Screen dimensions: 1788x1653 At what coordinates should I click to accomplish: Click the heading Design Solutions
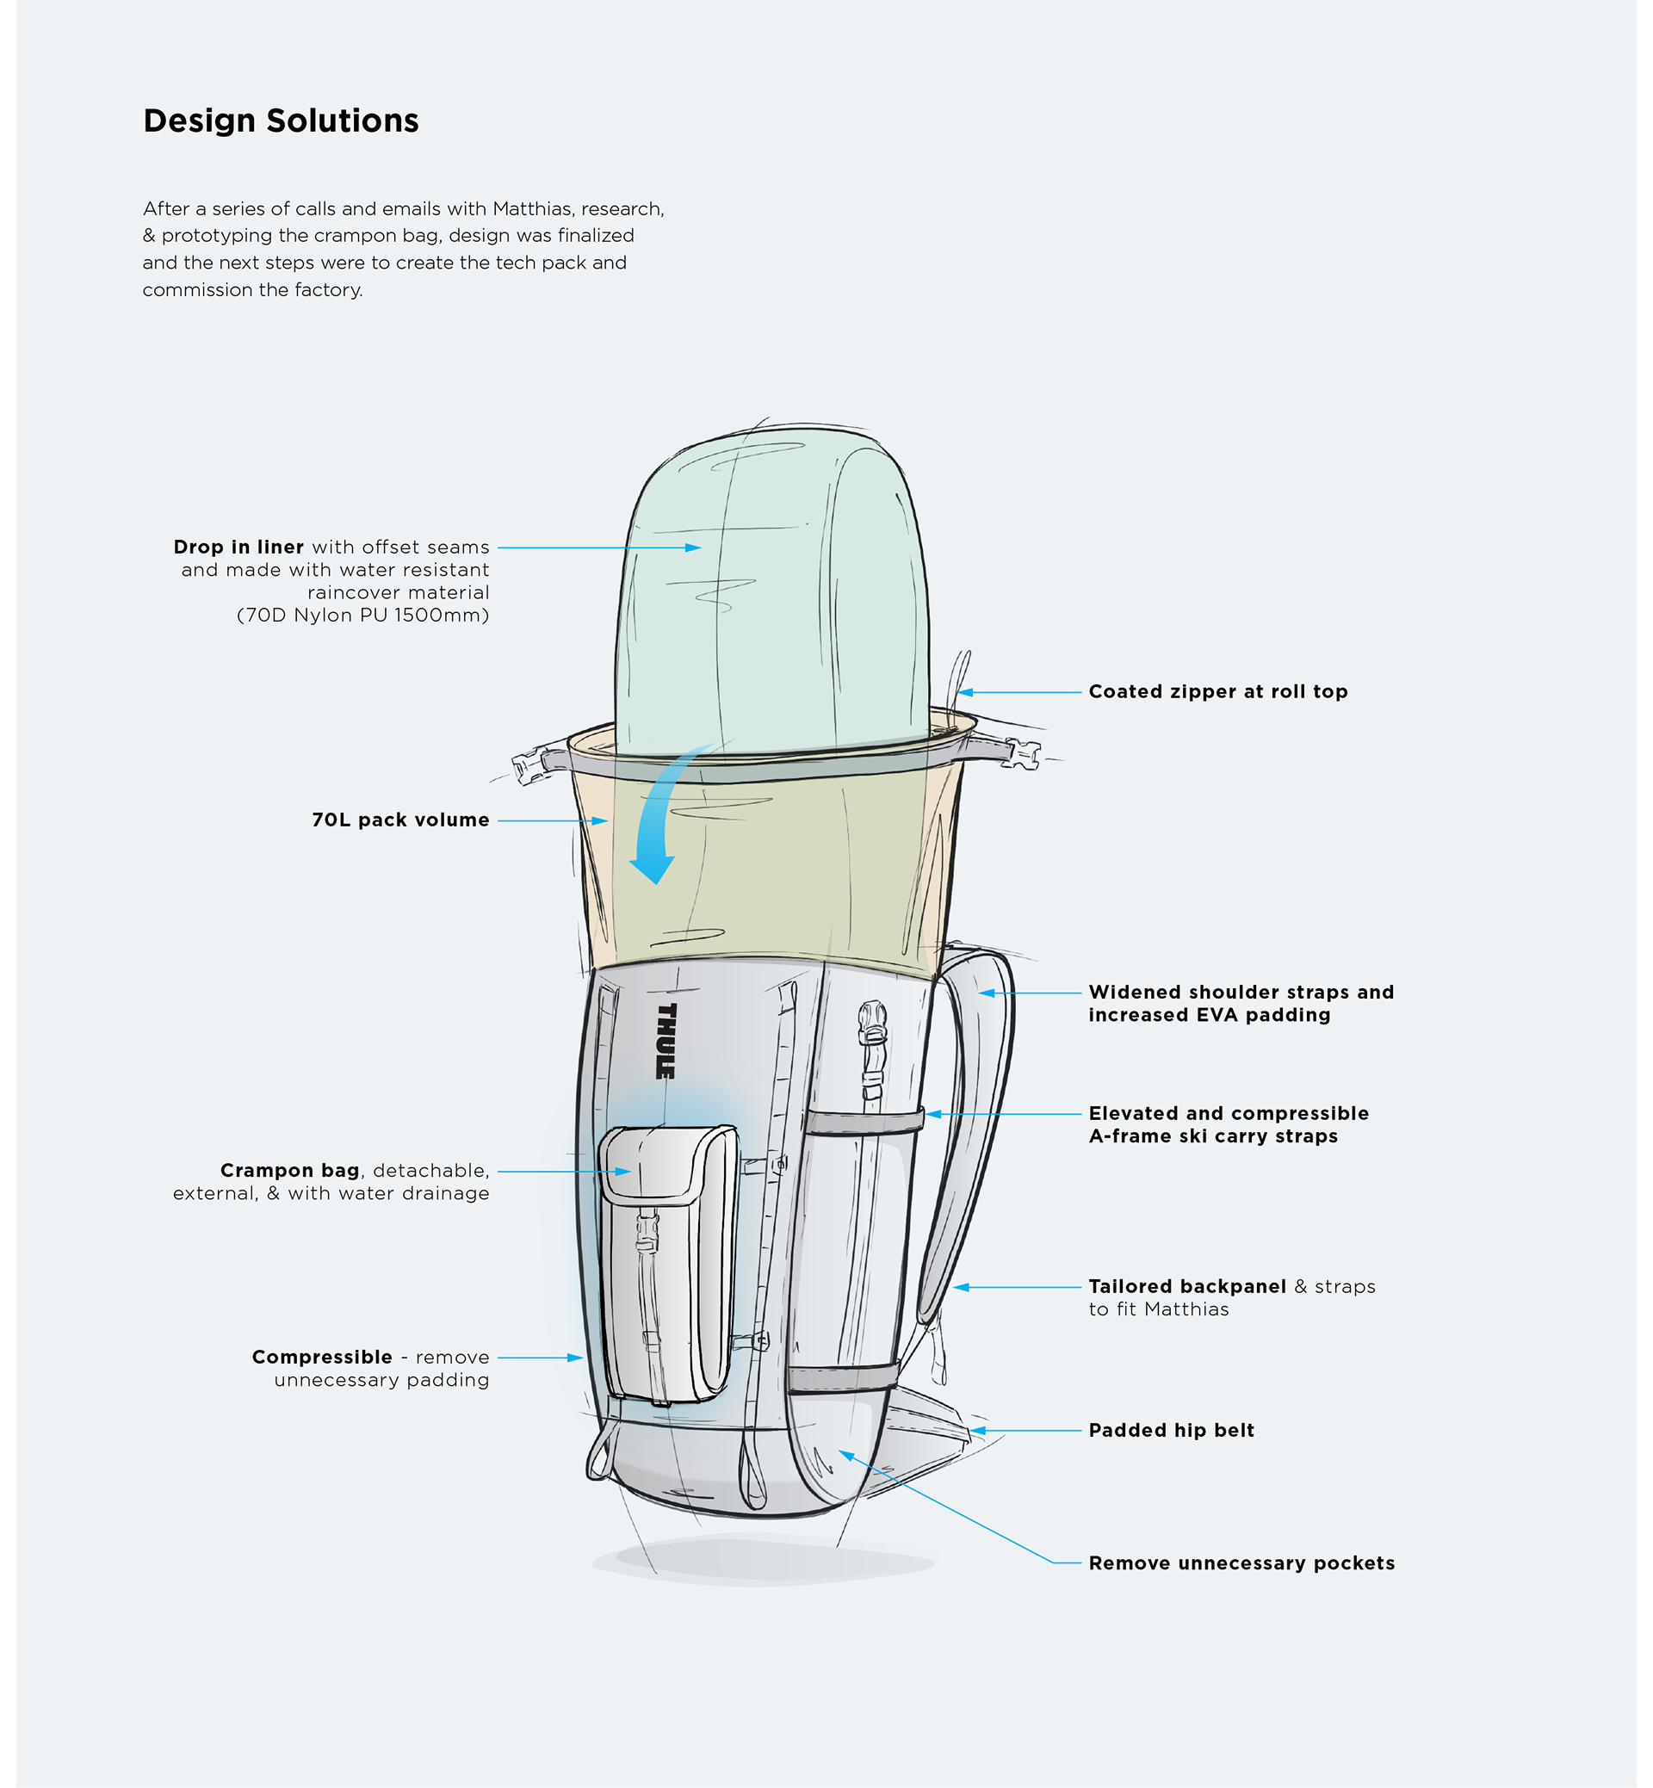coord(281,121)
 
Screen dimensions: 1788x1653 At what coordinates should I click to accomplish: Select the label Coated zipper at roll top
coord(1217,691)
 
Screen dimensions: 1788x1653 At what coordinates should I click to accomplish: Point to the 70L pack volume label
coord(399,820)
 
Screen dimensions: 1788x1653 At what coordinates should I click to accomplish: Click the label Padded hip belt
coord(1171,1430)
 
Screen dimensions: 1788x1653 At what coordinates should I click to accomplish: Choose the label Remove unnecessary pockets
coord(1241,1562)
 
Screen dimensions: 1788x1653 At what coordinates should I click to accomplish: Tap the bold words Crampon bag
coord(290,1171)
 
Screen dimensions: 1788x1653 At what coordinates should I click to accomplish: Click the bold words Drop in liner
coord(238,547)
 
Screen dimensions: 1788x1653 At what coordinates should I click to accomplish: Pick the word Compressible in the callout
coord(322,1357)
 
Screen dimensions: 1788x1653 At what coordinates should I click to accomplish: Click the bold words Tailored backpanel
coord(1187,1286)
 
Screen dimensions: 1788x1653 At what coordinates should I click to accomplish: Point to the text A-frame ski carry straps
coord(1213,1136)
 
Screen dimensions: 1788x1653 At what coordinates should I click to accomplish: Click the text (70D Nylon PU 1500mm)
coord(362,616)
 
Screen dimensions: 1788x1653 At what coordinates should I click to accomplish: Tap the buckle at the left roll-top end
coord(530,767)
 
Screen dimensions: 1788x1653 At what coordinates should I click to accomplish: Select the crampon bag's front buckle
coord(647,1232)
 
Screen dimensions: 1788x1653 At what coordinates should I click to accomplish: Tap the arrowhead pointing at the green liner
coord(692,548)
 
